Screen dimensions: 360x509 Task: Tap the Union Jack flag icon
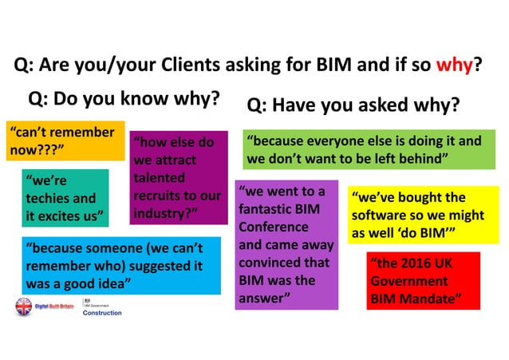coord(23,306)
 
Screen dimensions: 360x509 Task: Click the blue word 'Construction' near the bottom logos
coord(102,313)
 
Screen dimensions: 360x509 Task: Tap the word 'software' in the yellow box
coord(382,215)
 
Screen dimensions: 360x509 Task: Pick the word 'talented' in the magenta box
coord(159,178)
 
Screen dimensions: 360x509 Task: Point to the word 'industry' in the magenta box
coord(160,213)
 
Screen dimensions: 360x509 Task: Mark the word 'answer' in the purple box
coord(263,299)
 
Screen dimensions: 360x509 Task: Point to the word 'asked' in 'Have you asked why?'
coord(397,105)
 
